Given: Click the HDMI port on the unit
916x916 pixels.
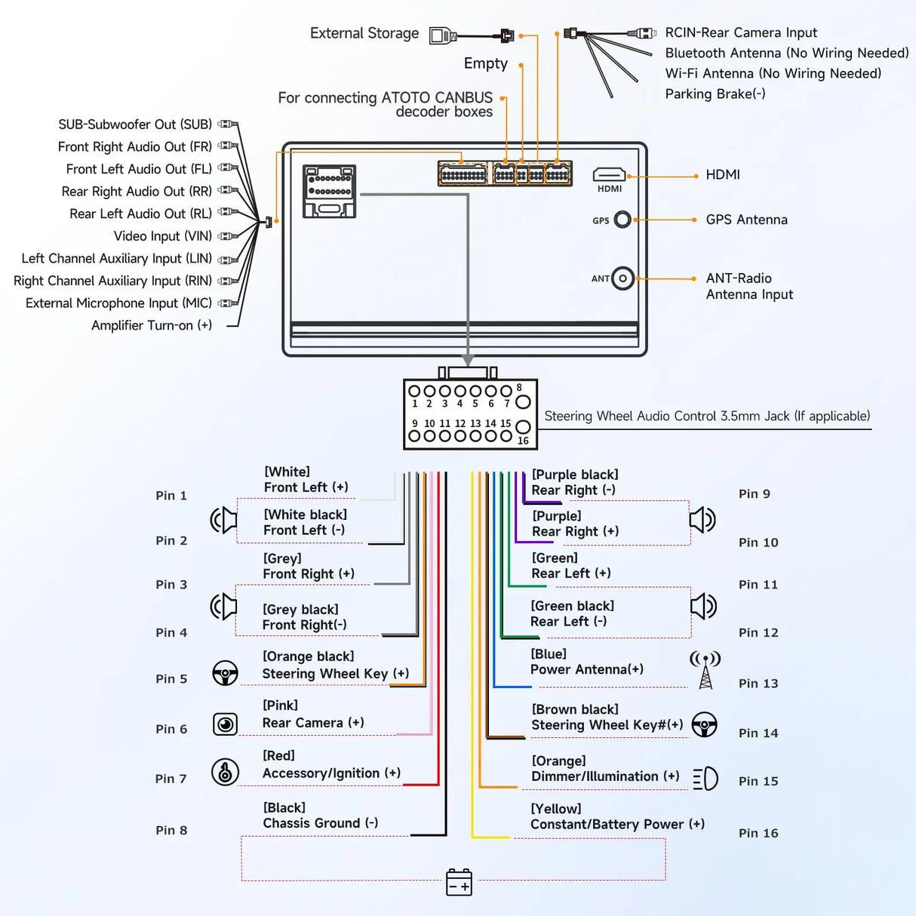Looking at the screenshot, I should (609, 176).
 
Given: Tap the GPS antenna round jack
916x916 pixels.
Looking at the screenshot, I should (622, 220).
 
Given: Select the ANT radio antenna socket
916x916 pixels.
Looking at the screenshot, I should (622, 278).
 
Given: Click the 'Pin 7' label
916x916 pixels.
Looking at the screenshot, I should (171, 779).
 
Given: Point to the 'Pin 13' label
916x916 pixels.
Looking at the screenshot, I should (758, 684).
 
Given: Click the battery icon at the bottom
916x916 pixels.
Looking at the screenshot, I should (459, 882).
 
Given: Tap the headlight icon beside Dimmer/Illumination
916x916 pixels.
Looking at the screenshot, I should (705, 779).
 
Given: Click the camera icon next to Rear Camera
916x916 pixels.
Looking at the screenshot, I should (225, 724).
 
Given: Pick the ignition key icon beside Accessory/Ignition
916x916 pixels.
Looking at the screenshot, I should (225, 772).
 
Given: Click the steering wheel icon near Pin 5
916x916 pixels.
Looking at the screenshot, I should (225, 673).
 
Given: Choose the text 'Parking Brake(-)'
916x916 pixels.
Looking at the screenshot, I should (715, 94).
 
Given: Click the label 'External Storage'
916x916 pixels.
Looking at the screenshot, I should (364, 34).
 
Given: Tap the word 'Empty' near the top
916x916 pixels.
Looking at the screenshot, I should (485, 64).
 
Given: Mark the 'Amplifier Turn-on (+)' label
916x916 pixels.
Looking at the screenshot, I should (151, 326).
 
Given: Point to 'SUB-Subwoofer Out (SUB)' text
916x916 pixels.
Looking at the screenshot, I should (134, 124).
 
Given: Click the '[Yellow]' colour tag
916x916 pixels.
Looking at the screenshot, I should (555, 809).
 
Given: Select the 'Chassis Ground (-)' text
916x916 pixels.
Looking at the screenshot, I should (320, 823).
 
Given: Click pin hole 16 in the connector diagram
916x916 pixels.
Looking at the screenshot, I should (522, 428).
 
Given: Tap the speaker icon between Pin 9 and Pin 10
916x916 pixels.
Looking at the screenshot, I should (702, 520).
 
